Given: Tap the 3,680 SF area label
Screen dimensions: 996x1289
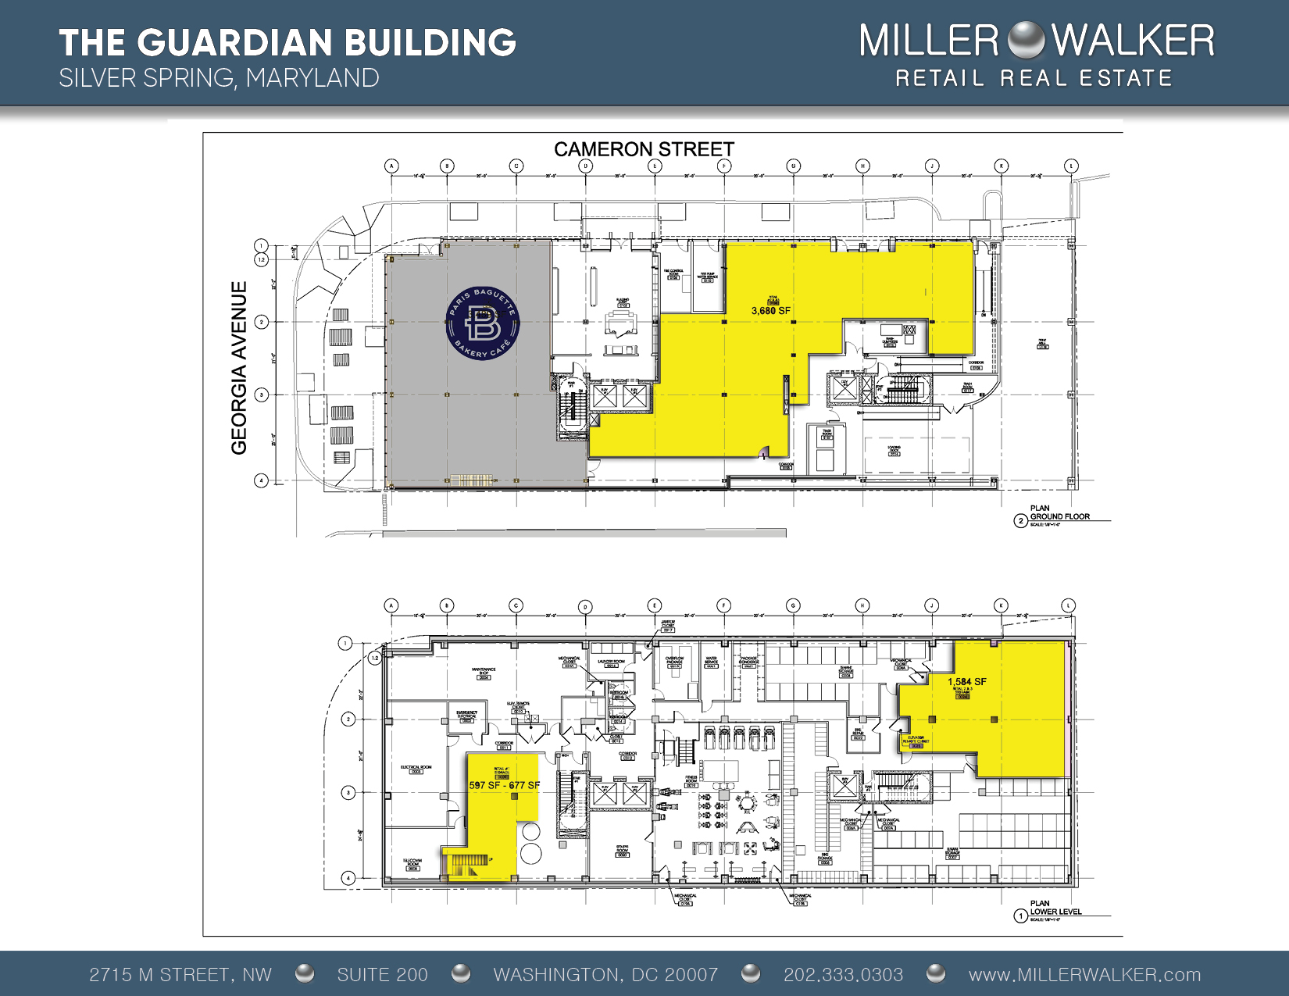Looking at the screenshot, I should [770, 310].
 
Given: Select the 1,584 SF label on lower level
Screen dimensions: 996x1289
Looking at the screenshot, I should [966, 681].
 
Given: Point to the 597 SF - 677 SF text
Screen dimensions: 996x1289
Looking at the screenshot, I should [504, 785].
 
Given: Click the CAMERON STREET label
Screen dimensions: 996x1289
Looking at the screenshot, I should [644, 149].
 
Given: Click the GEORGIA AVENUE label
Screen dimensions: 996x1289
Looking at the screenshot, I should [239, 368].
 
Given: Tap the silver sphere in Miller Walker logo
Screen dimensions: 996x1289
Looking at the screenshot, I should [1026, 41].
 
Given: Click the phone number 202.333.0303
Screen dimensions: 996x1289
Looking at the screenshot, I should [843, 974].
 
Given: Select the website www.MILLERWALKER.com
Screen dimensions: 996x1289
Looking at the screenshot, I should [1084, 974].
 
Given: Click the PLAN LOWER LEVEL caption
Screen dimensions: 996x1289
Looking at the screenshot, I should [1055, 908].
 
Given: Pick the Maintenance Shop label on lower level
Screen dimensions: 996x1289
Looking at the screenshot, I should [484, 671].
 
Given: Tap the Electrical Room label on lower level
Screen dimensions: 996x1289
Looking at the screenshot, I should [416, 768].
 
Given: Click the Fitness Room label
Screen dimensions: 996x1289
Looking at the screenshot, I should [691, 780].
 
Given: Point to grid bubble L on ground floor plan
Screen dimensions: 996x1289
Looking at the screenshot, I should [1070, 166].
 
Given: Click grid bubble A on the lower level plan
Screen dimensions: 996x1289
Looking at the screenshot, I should [391, 605].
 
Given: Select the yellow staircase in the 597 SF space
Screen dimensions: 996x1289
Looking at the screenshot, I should [466, 865].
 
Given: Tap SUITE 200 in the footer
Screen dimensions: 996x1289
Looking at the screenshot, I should [382, 974].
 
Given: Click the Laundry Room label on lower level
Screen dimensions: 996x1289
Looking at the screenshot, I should [611, 662].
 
